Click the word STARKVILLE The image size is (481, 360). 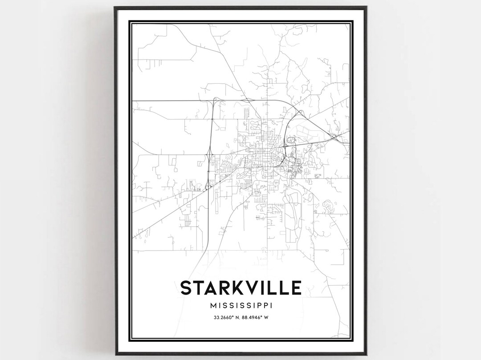click(x=240, y=288)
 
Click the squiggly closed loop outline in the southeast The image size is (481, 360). click(x=329, y=205)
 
